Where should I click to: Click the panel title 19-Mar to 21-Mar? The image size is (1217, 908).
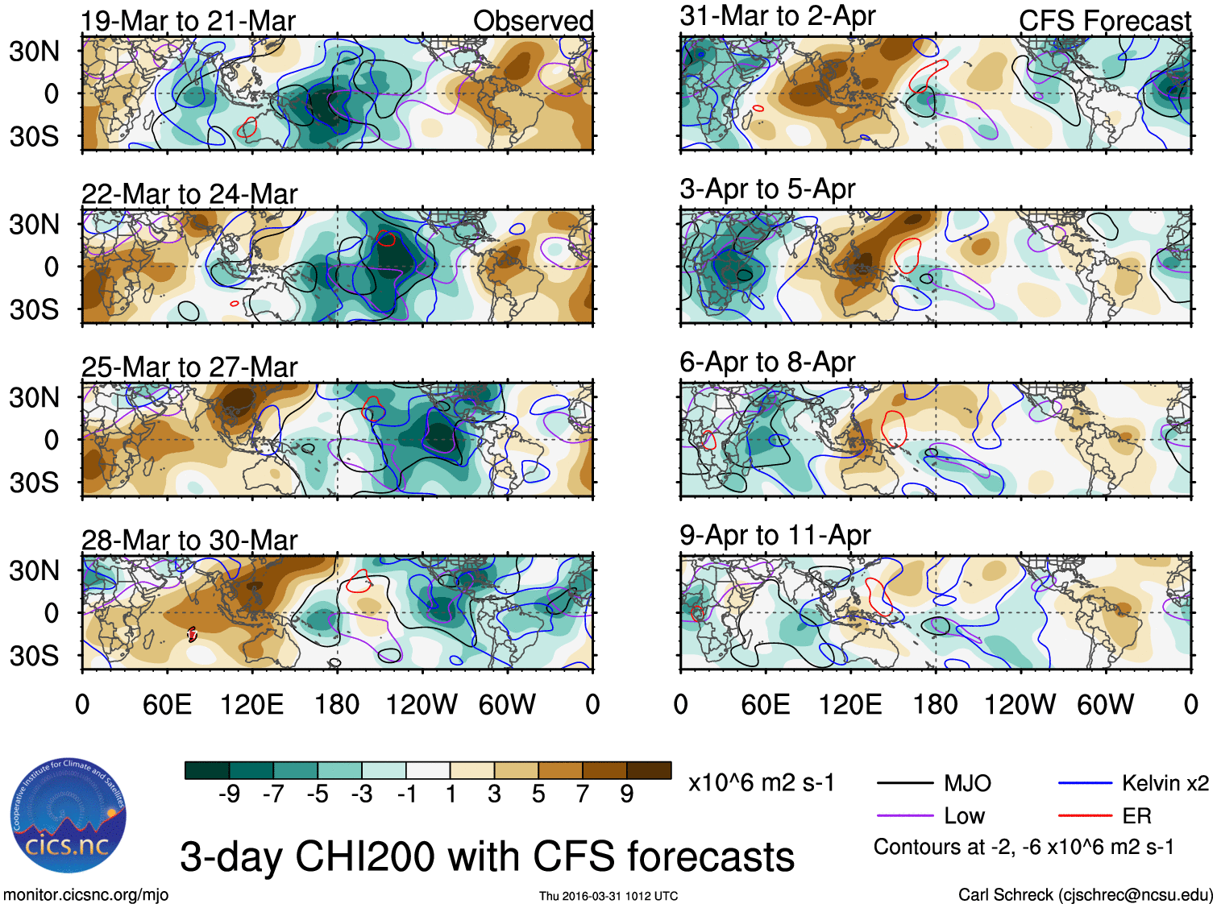click(x=189, y=21)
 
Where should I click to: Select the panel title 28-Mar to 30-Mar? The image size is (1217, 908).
click(x=189, y=540)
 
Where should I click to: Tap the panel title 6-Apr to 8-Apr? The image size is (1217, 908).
click(x=767, y=362)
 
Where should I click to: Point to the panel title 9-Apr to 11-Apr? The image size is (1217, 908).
click(x=775, y=535)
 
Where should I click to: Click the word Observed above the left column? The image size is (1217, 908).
click(x=533, y=21)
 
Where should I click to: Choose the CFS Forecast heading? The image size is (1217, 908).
click(x=1104, y=21)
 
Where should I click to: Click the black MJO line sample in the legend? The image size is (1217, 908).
click(x=905, y=782)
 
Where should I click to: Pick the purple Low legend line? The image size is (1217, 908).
click(x=905, y=815)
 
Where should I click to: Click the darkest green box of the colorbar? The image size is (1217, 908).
click(x=207, y=770)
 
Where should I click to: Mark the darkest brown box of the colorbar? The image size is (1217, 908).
click(x=649, y=770)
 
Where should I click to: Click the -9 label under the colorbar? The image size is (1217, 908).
click(x=230, y=794)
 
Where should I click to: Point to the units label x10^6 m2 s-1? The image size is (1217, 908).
click(x=761, y=782)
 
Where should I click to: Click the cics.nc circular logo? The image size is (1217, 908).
click(x=69, y=815)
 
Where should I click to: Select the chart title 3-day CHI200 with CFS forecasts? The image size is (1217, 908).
click(x=487, y=856)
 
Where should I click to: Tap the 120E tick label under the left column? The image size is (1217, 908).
click(x=251, y=705)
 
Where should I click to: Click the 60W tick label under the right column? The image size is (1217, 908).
click(x=1105, y=705)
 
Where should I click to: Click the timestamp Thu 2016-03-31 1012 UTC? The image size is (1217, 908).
click(x=608, y=896)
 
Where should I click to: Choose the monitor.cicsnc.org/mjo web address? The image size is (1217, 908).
click(x=86, y=894)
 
